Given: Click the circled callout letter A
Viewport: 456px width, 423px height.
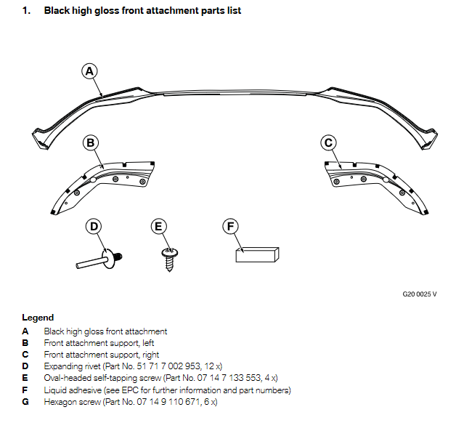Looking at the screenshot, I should coord(89,71).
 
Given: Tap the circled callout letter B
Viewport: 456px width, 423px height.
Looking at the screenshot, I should coord(91,143).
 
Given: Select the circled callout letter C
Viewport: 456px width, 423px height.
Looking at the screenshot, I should coord(328,143).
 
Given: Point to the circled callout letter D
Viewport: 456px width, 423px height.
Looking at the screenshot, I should coord(94,227).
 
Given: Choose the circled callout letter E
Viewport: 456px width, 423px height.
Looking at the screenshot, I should coord(159,227).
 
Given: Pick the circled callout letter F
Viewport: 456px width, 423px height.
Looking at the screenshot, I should coord(231,227).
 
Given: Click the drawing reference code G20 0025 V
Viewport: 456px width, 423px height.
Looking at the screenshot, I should coord(420,295).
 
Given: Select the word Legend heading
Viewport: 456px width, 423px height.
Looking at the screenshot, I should coord(38,318).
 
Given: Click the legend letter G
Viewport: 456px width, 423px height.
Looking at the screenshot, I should coord(25,402).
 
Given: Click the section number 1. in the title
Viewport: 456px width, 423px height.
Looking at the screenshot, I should coord(26,11).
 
